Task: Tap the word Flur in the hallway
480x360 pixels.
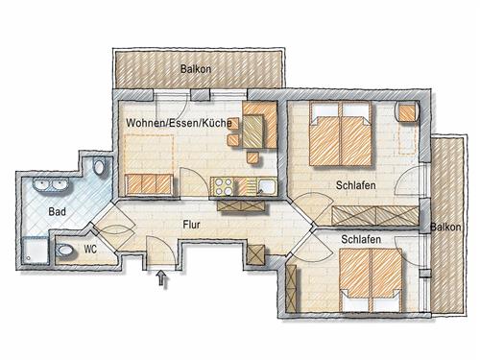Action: click(191, 225)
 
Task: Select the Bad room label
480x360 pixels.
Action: click(58, 211)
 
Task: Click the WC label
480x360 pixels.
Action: click(90, 249)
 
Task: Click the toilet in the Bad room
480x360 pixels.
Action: click(99, 166)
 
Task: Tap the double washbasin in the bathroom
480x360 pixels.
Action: click(51, 185)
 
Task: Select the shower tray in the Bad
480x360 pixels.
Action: click(36, 250)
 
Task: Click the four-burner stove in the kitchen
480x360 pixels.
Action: click(224, 186)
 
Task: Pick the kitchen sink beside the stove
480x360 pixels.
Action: click(267, 187)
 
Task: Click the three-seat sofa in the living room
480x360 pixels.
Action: click(150, 184)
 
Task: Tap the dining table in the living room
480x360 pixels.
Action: click(253, 131)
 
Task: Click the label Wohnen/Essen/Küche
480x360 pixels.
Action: click(179, 123)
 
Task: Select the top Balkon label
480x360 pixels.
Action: click(196, 69)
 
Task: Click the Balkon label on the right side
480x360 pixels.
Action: click(445, 227)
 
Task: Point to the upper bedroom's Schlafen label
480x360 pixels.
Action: click(356, 185)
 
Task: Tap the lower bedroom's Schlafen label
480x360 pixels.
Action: click(361, 239)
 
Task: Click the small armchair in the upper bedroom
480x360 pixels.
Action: click(408, 112)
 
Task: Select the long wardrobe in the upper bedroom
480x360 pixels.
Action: click(375, 216)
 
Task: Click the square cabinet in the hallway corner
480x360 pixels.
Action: click(256, 254)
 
